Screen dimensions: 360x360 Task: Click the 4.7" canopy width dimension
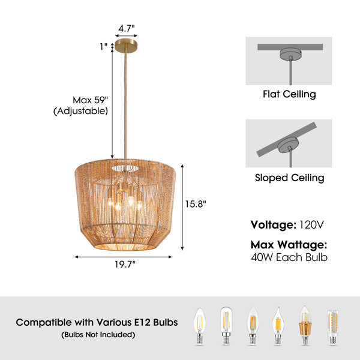click(126, 28)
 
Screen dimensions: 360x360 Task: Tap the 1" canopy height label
click(104, 47)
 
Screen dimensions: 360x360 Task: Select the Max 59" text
click(90, 100)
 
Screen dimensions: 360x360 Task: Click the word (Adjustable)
click(80, 111)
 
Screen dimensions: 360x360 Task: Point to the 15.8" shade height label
click(196, 204)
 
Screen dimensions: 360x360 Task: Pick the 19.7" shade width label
click(125, 265)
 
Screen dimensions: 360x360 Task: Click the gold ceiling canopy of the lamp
click(126, 45)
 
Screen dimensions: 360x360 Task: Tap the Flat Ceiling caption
click(289, 94)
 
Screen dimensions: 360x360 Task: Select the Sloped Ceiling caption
click(290, 178)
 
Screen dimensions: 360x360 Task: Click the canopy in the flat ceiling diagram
click(290, 54)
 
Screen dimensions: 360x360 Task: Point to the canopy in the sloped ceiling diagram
click(288, 145)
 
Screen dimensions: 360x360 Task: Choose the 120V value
click(311, 225)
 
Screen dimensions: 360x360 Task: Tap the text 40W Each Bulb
click(289, 257)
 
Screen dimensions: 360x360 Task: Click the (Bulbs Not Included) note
click(98, 335)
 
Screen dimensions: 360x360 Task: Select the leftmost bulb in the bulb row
click(200, 326)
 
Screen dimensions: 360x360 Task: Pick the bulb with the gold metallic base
click(305, 325)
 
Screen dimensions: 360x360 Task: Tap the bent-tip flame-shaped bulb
click(278, 326)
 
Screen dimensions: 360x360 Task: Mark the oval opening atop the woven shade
click(125, 168)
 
